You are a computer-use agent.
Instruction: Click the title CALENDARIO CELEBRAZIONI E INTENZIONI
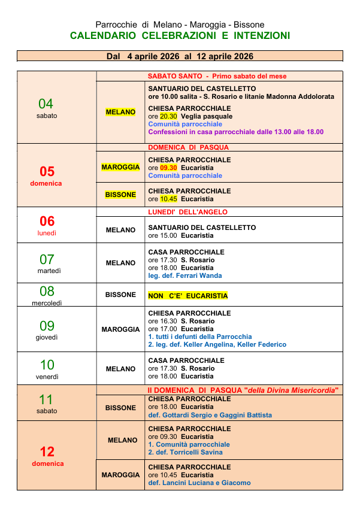[180, 36]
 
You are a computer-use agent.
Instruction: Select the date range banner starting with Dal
[180, 56]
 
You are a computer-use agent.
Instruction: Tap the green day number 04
[46, 104]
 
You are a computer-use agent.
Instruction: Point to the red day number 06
[47, 221]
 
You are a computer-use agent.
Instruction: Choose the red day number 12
[47, 452]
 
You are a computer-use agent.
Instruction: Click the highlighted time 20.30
[168, 116]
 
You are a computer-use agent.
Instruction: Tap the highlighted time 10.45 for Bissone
[168, 199]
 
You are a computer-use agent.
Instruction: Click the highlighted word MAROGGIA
[120, 167]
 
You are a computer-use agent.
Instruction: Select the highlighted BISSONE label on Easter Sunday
[120, 195]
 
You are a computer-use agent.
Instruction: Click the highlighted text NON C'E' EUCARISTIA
[188, 296]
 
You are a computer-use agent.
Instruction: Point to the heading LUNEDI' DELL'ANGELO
[187, 212]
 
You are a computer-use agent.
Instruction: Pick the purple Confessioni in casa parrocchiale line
[235, 132]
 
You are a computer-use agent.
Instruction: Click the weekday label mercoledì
[47, 303]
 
